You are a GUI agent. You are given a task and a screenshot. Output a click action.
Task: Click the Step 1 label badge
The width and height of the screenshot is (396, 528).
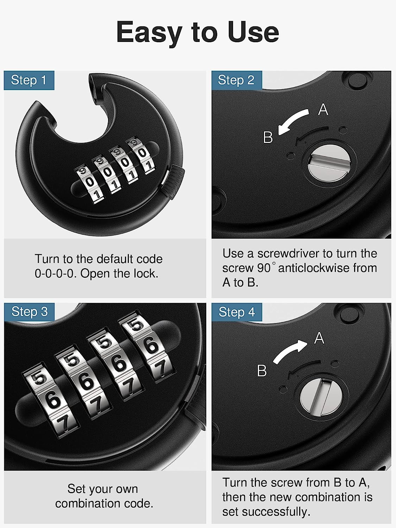[x=29, y=80]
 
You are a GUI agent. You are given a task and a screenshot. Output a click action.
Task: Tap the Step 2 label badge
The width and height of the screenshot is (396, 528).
[x=236, y=80]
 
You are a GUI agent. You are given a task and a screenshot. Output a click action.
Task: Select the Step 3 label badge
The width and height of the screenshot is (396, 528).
[x=30, y=312]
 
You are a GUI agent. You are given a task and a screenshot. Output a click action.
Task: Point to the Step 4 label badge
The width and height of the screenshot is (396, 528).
[x=237, y=312]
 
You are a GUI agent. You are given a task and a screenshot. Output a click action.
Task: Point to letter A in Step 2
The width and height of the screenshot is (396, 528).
[x=323, y=109]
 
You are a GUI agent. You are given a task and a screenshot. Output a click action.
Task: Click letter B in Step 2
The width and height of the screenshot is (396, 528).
[x=268, y=137]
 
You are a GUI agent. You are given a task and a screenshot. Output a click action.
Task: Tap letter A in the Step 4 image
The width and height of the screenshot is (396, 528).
[x=319, y=338]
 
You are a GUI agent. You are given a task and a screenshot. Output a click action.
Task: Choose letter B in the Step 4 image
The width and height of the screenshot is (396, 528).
[x=262, y=371]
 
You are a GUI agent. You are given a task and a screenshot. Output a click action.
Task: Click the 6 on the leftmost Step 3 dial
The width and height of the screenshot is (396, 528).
[x=53, y=401]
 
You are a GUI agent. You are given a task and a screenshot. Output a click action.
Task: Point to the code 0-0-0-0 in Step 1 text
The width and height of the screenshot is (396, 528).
[x=56, y=274]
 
